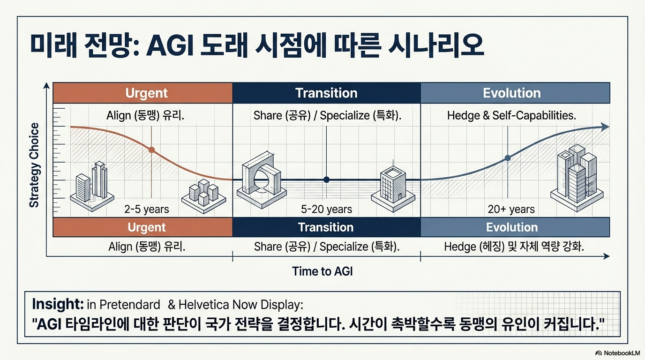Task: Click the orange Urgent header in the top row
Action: coord(142,93)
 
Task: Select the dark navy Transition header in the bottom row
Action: coord(326,227)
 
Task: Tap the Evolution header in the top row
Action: coord(515,93)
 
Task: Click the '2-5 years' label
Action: coord(147,209)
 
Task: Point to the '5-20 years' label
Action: coord(327,209)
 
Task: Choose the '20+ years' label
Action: coord(511,209)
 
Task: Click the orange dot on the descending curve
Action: coord(151,150)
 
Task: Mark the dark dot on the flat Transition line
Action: coord(326,180)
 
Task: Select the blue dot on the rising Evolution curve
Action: coord(508,158)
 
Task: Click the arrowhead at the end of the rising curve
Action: coord(605,127)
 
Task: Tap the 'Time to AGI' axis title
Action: coord(322,271)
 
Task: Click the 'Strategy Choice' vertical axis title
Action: coord(34,165)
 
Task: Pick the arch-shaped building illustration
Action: coord(262,180)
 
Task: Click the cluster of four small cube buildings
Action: coord(203,196)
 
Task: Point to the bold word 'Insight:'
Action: coord(58,304)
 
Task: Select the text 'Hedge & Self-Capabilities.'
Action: coord(512,115)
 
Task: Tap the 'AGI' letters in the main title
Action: coord(170,46)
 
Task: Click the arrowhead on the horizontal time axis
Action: coord(607,256)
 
